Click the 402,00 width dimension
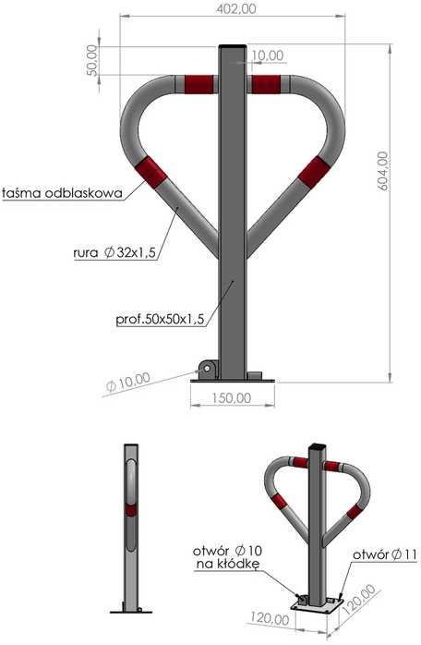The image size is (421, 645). click(236, 8)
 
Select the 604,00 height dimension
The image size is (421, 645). click(382, 171)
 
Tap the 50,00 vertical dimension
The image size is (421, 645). click(93, 60)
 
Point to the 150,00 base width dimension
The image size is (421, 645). click(232, 397)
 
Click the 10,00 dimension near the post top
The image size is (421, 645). click(267, 55)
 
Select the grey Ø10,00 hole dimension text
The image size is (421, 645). click(128, 382)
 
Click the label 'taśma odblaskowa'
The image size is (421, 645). click(63, 193)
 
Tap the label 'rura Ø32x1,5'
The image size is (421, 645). click(114, 252)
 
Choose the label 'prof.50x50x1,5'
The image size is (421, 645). click(160, 319)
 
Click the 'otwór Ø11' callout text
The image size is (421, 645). click(384, 554)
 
